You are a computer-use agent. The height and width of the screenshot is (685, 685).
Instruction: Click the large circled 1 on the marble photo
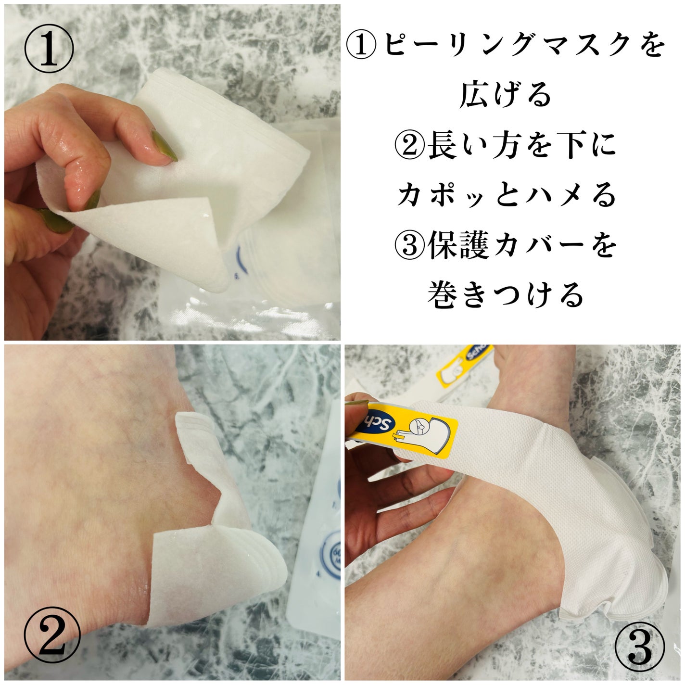[49, 49]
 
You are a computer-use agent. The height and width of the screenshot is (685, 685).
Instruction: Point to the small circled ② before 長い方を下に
[409, 146]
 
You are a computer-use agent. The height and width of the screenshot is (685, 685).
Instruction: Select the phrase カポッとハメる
[506, 196]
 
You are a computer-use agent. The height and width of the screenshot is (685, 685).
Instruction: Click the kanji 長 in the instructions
[442, 146]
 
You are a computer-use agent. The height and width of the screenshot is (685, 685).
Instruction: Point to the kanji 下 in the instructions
[569, 147]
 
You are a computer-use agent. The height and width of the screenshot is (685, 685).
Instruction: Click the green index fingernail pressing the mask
[164, 146]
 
